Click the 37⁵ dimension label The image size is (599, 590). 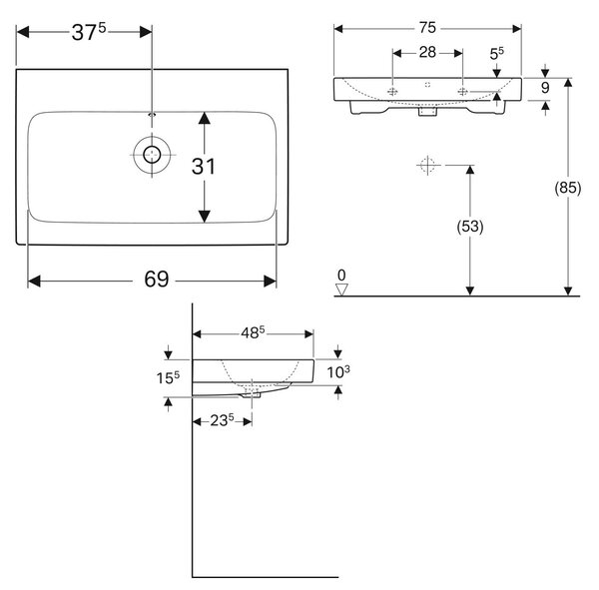click(x=89, y=32)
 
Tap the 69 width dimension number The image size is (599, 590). click(x=157, y=279)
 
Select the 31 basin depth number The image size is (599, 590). click(x=204, y=167)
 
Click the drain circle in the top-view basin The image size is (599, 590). click(x=152, y=155)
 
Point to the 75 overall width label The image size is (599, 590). click(x=427, y=28)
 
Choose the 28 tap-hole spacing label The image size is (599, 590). click(x=427, y=52)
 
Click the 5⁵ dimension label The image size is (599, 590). click(x=496, y=53)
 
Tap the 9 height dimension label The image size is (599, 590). click(x=545, y=88)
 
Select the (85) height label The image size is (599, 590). click(x=568, y=188)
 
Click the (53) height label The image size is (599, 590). click(x=470, y=227)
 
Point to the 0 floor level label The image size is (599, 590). click(x=341, y=276)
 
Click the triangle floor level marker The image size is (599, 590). click(x=341, y=290)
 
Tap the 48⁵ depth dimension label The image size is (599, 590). click(x=253, y=332)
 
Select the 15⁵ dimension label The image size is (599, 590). click(x=168, y=378)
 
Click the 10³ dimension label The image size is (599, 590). click(x=338, y=371)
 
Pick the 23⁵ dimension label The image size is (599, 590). click(x=222, y=420)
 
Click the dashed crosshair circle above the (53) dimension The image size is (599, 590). click(x=427, y=165)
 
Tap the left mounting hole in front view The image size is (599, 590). click(x=392, y=91)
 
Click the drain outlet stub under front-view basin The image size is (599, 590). click(x=427, y=111)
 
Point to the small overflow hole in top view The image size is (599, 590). click(x=152, y=114)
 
